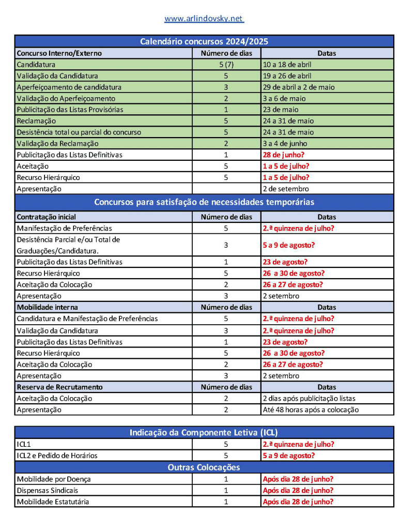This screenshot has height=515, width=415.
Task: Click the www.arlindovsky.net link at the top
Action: pos(204,19)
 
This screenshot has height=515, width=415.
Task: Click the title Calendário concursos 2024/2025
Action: pos(204,41)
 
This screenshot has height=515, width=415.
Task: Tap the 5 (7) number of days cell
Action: pos(226,65)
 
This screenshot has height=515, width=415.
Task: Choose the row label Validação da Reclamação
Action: pos(57,143)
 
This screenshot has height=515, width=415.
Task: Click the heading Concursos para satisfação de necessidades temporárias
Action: pos(204,202)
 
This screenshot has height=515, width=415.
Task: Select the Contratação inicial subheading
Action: pos(47,217)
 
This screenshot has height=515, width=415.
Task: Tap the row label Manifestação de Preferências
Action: pos(64,228)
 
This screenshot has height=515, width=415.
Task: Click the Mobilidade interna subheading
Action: pos(48,307)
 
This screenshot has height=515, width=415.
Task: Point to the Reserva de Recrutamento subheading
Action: pos(59,387)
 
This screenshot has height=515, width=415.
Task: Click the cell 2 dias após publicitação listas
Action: pos(309,398)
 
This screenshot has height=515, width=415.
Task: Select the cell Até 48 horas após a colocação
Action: pos(311,410)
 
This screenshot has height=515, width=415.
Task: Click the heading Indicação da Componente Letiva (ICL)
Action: pos(204,432)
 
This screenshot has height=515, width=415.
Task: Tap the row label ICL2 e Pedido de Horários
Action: pos(57,456)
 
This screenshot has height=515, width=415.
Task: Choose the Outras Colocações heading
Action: pos(204,467)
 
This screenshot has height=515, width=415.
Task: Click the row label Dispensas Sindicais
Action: pos(48,490)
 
